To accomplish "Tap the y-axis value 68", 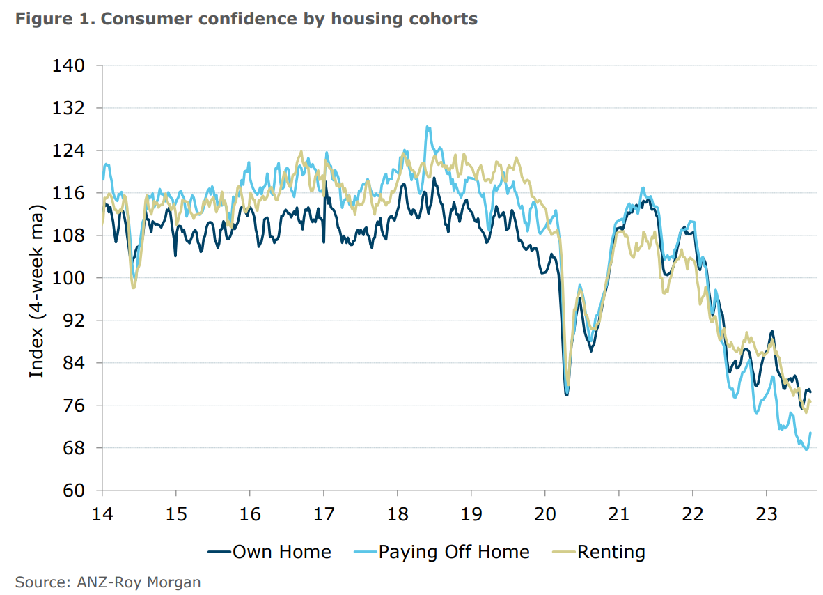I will tap(74, 448).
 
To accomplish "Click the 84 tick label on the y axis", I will tap(74, 363).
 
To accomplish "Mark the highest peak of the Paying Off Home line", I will tap(427, 127).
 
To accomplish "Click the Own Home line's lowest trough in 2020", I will tap(567, 395).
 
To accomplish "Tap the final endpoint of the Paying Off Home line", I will tap(810, 433).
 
